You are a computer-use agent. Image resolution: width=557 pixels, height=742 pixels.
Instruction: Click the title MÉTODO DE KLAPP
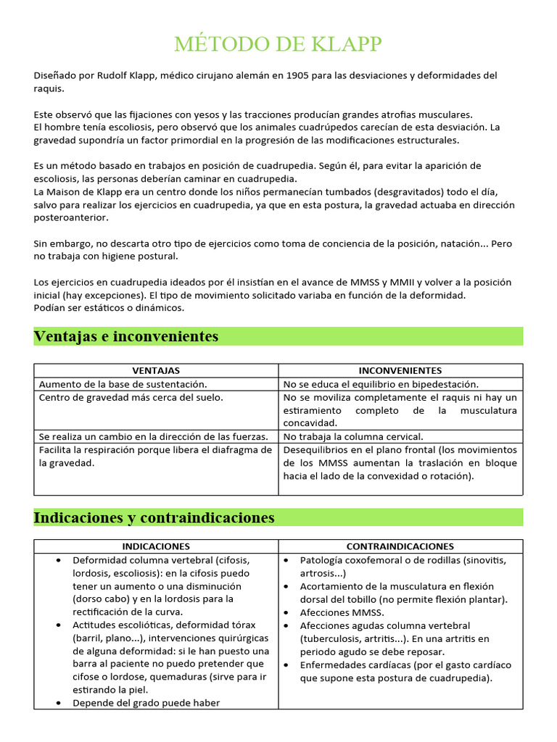click(278, 45)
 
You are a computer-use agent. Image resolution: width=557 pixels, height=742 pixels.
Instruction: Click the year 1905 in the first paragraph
click(300, 76)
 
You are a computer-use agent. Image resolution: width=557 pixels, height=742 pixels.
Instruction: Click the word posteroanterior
click(70, 217)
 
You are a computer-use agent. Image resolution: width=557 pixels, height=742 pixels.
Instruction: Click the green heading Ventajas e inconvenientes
click(125, 336)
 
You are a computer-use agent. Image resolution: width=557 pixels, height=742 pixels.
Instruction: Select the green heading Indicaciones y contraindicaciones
click(154, 517)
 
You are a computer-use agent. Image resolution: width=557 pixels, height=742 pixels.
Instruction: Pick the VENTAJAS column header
click(156, 370)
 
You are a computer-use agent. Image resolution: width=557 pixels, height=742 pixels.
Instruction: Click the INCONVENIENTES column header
click(400, 370)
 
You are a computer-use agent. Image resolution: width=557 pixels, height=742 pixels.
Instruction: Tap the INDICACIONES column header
click(156, 546)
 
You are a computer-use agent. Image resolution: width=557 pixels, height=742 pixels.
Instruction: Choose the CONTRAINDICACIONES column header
click(400, 546)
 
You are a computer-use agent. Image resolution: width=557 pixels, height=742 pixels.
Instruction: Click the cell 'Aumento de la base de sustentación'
click(123, 384)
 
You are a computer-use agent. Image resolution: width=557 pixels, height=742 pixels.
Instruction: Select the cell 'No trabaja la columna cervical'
click(353, 436)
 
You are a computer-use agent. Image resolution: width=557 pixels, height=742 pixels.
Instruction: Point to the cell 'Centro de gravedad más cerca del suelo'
click(131, 397)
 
